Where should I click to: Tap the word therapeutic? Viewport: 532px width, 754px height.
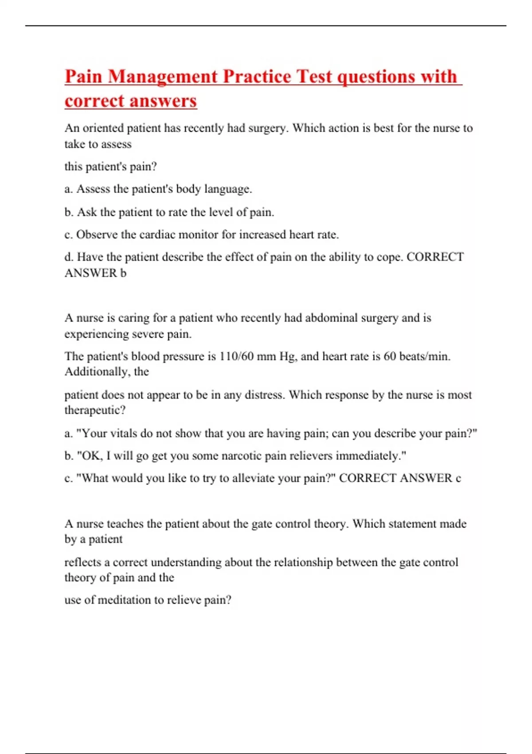click(94, 410)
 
